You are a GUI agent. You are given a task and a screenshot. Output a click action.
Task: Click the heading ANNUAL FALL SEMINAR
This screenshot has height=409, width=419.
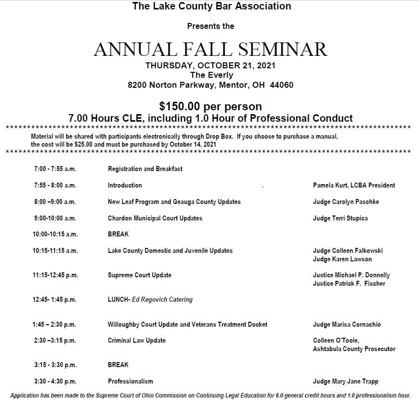[210, 49]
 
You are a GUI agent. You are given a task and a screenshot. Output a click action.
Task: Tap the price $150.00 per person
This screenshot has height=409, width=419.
[210, 106]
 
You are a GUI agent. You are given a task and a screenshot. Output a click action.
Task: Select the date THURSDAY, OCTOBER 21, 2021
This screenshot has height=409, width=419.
[210, 65]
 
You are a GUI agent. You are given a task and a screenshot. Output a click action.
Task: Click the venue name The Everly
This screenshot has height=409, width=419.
[211, 75]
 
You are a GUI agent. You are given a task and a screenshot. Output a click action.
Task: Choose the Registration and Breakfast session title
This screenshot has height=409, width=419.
[145, 169]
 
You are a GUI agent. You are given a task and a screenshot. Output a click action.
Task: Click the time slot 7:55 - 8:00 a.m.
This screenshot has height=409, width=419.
[55, 185]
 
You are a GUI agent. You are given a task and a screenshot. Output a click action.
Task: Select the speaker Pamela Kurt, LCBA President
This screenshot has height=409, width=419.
[354, 185]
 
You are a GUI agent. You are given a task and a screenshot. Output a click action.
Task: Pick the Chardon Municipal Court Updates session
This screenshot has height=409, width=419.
[155, 218]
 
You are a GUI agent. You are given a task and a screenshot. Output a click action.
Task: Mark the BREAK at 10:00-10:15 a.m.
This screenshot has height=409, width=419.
[118, 234]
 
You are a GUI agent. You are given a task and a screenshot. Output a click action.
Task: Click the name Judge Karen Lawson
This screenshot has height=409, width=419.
[342, 259]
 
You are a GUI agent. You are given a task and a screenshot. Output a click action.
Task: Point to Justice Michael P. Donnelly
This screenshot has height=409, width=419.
[351, 275]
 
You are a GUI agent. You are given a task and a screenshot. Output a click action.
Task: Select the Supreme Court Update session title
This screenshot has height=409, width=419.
[139, 275]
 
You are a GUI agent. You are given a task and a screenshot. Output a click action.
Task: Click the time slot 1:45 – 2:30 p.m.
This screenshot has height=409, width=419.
[54, 324]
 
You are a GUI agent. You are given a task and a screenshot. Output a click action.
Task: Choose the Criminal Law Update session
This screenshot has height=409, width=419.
[136, 340]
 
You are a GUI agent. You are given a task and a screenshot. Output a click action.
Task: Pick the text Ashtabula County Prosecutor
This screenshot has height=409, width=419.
[354, 349]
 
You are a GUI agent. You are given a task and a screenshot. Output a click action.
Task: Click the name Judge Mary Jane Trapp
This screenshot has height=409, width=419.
[346, 381]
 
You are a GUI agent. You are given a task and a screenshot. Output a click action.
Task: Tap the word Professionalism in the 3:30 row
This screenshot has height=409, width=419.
[130, 381]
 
